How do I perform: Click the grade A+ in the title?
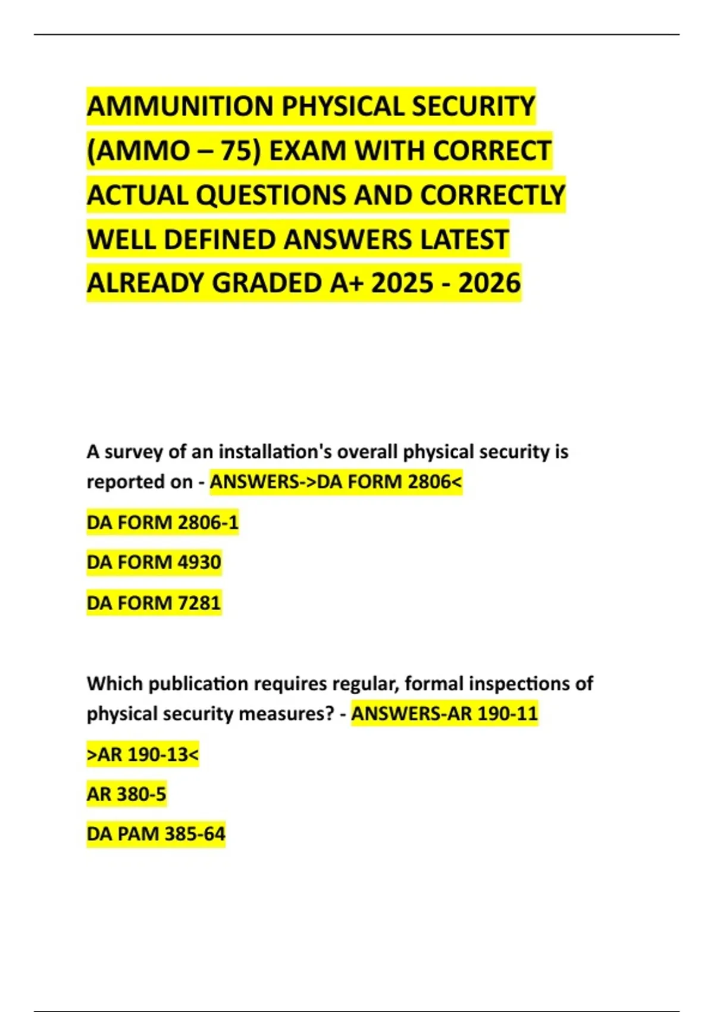point(346,283)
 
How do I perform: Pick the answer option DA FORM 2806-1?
point(162,523)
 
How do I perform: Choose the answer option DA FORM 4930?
point(154,563)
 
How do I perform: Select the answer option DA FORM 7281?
point(154,603)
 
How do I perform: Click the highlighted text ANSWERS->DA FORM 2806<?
point(336,482)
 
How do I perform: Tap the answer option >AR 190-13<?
point(143,755)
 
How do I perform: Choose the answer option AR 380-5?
point(126,794)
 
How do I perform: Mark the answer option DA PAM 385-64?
point(156,834)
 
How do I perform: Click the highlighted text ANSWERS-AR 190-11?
point(444,714)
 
